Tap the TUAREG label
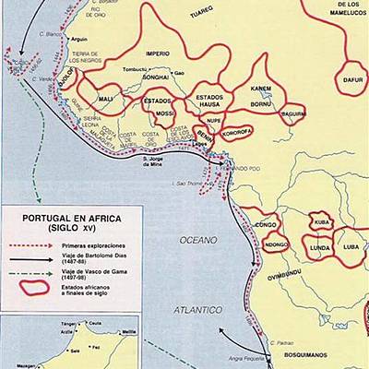click(x=201, y=14)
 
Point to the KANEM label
click(x=261, y=89)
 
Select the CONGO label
click(x=266, y=224)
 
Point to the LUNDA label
click(x=319, y=248)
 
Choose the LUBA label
click(x=351, y=247)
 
